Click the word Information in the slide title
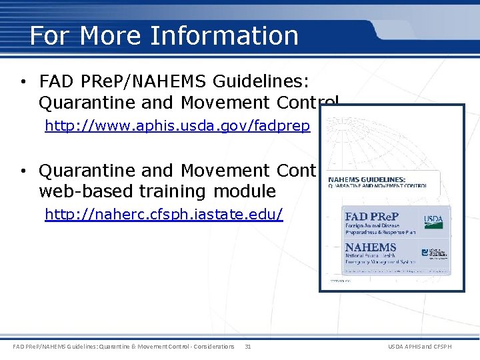click(x=225, y=35)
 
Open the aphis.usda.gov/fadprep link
click(x=177, y=126)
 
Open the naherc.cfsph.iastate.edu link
click(x=163, y=214)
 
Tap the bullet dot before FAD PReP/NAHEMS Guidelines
click(x=23, y=83)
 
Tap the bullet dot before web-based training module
click(x=23, y=171)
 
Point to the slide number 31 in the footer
click(x=248, y=347)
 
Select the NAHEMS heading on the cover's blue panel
click(x=371, y=247)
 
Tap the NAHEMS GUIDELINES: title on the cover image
click(x=367, y=180)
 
